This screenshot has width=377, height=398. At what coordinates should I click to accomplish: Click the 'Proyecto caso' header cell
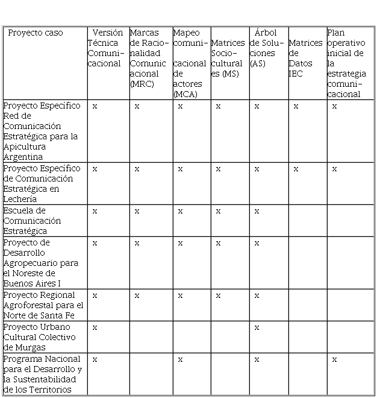pyautogui.click(x=35, y=33)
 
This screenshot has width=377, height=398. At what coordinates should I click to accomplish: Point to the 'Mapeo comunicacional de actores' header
pyautogui.click(x=190, y=63)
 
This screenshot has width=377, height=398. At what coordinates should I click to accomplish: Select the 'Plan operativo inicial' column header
pyautogui.click(x=346, y=63)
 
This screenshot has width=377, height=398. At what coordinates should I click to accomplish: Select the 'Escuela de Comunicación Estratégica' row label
pyautogui.click(x=33, y=221)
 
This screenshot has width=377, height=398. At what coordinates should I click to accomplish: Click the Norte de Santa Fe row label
pyautogui.click(x=43, y=305)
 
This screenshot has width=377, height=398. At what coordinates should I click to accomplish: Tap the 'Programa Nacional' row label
pyautogui.click(x=42, y=374)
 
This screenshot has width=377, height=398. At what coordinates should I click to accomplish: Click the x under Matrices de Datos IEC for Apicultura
pyautogui.click(x=296, y=106)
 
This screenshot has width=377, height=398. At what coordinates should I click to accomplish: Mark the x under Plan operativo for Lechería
pyautogui.click(x=335, y=169)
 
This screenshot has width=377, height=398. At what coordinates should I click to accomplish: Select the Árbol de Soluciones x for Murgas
pyautogui.click(x=257, y=327)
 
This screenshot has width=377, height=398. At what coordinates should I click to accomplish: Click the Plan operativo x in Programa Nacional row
pyautogui.click(x=335, y=359)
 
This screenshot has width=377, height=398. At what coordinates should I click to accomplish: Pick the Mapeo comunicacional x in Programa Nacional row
pyautogui.click(x=180, y=359)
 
